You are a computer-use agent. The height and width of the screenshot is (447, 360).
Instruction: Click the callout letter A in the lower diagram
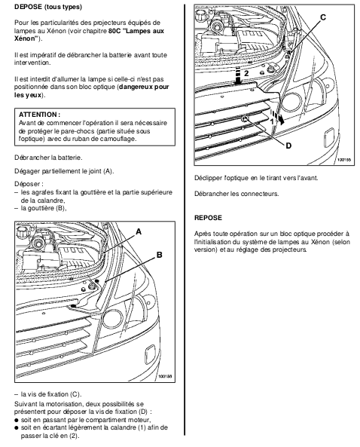click(x=139, y=231)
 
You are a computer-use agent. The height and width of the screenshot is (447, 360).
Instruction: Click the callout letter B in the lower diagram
click(x=159, y=255)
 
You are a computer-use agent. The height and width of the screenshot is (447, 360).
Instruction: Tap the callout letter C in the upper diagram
click(x=323, y=17)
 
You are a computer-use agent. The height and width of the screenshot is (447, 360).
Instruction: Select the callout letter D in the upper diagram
click(x=288, y=145)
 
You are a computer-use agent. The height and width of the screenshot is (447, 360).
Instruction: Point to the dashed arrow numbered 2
click(x=239, y=75)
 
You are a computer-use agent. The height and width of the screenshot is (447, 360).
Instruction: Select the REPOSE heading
click(x=208, y=218)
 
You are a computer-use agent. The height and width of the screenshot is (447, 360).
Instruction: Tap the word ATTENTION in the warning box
click(x=38, y=115)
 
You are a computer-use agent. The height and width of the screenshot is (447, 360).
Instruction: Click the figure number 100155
click(x=344, y=160)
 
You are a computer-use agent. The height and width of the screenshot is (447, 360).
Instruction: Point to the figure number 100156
click(x=166, y=377)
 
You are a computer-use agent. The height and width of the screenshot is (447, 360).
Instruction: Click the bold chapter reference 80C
click(x=114, y=31)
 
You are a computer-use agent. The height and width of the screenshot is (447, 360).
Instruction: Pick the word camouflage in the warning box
click(x=120, y=139)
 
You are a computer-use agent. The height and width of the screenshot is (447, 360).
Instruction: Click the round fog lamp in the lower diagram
click(x=112, y=319)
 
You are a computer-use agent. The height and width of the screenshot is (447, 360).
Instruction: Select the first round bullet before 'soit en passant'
click(x=17, y=420)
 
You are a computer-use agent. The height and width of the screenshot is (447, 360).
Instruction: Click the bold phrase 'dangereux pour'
click(x=144, y=87)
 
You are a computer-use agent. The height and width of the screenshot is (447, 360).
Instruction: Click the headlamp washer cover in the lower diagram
click(x=150, y=355)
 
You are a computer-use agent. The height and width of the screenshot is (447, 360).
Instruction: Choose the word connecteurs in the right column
click(x=260, y=194)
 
